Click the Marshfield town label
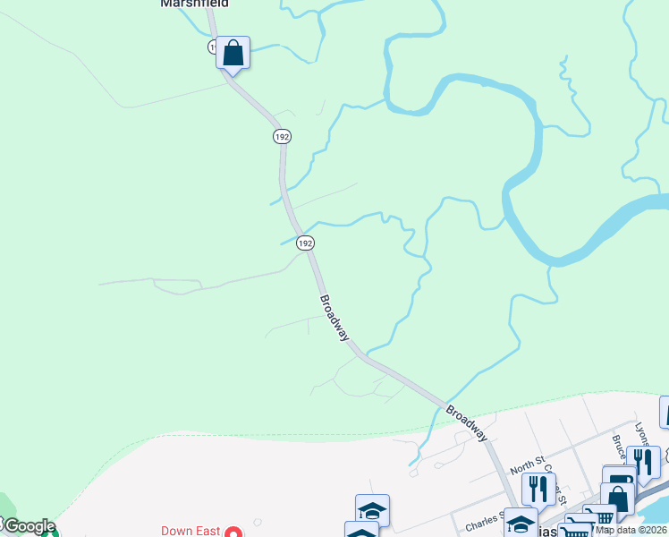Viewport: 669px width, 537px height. click(x=194, y=4)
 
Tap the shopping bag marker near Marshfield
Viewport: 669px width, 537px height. click(x=233, y=53)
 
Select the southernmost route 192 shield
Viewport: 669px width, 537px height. click(x=306, y=243)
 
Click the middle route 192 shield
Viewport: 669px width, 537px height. click(x=282, y=136)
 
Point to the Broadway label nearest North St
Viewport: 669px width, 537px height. click(x=467, y=422)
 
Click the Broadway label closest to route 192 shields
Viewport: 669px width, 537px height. click(x=334, y=318)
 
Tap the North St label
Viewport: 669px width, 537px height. click(x=527, y=465)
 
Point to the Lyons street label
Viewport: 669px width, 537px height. click(x=639, y=434)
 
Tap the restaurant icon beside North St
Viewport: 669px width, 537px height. click(x=538, y=489)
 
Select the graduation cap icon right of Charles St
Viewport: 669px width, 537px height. click(x=521, y=523)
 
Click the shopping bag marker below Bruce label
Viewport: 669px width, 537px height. click(x=618, y=498)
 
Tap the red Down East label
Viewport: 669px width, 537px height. click(x=191, y=531)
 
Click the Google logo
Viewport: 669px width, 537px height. click(x=29, y=526)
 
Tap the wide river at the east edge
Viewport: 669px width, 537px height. click(x=626, y=219)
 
